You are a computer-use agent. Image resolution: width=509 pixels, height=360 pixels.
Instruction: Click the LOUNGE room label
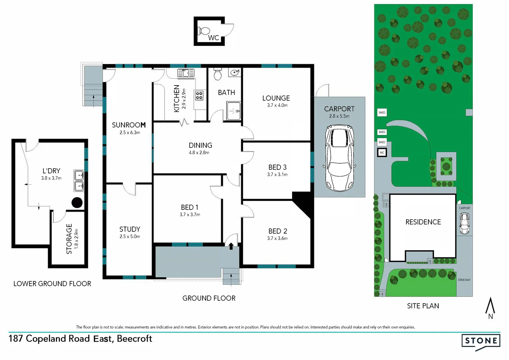point(276,98)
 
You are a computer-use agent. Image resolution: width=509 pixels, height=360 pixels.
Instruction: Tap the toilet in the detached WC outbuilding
point(204,31)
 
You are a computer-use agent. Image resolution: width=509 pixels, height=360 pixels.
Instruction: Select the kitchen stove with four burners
point(199,96)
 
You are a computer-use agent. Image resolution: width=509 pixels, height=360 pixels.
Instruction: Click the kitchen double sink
point(186,73)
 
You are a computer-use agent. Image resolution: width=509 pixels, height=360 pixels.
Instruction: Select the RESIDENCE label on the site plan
point(423,222)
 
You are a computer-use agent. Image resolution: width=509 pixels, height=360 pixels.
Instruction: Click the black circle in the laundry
point(77,202)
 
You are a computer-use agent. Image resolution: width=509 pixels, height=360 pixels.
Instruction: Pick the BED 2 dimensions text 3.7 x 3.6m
point(277,238)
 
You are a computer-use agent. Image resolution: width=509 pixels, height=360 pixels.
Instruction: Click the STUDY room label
point(130,229)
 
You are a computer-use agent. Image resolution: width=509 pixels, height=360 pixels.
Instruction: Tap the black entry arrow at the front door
point(231,246)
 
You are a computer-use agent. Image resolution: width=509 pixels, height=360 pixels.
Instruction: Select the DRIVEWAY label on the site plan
point(464,280)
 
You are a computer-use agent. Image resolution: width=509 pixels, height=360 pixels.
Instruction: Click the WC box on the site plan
point(382,153)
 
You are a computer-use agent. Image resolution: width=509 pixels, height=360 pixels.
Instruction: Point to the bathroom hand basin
point(235,72)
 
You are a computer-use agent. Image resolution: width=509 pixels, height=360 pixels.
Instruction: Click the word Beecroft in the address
point(134,339)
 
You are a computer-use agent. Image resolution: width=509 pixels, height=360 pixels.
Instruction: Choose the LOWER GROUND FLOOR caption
point(52,284)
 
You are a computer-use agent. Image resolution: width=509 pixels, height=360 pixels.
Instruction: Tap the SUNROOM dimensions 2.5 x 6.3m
point(130,133)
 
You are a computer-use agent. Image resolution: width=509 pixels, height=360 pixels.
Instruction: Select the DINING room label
point(200,145)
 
